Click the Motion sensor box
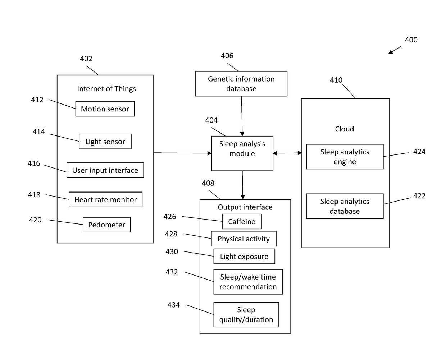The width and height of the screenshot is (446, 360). click(105, 109)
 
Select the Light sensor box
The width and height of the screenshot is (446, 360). click(105, 142)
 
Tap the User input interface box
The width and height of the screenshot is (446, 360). click(105, 170)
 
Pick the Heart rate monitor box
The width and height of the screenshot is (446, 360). click(105, 199)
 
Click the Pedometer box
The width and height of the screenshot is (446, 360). click(106, 225)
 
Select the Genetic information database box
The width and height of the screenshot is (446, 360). click(241, 84)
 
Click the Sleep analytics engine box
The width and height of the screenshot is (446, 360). click(345, 157)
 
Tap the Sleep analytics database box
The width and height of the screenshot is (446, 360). click(345, 206)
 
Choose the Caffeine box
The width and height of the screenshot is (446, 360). click(242, 221)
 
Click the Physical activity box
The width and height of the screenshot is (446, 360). click(244, 239)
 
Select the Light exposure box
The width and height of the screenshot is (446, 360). click(244, 256)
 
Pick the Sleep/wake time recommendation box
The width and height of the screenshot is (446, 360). click(248, 282)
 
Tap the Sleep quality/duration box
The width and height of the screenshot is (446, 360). click(246, 315)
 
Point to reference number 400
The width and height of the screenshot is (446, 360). click(411, 40)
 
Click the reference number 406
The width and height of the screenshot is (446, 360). click(227, 56)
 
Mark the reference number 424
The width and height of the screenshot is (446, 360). click(419, 152)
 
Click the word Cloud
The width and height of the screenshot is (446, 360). click(345, 129)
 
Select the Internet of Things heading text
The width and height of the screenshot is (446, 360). click(106, 89)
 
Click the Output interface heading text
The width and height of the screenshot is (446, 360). click(245, 207)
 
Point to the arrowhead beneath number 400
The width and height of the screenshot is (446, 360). click(390, 52)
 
